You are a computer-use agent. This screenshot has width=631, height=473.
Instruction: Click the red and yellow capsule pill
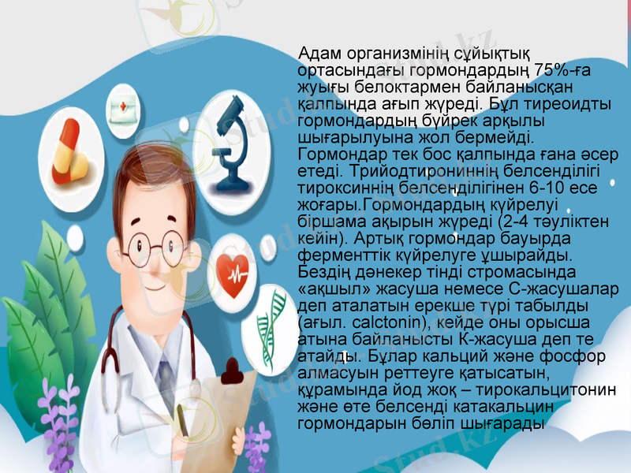(69, 152)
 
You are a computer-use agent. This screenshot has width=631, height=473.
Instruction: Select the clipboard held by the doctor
(229, 410)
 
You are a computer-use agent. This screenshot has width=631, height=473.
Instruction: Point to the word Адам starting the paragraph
(319, 53)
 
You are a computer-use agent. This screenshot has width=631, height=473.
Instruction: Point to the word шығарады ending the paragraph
(501, 423)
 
